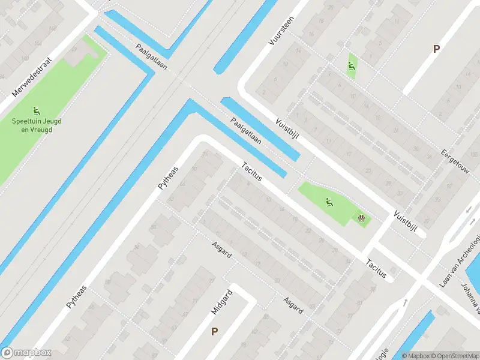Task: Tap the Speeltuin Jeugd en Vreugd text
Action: (x=37, y=125)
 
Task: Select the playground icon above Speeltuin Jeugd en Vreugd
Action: (x=37, y=110)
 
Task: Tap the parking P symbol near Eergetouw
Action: (x=436, y=49)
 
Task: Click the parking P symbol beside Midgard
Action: (x=214, y=331)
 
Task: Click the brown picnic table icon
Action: (x=361, y=218)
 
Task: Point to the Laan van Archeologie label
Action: (x=461, y=260)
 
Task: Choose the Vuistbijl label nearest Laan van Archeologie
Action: (x=405, y=222)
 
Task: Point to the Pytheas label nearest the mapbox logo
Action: (x=76, y=297)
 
